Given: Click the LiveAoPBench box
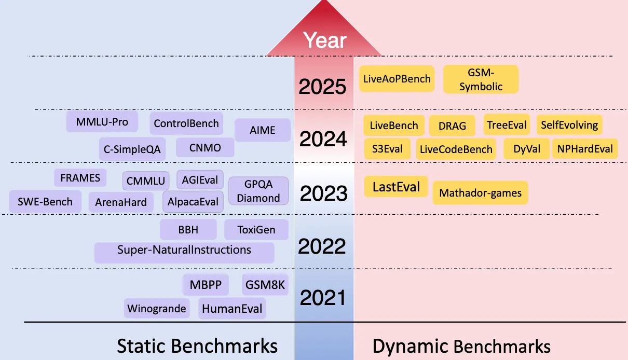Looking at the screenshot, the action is click(x=397, y=79).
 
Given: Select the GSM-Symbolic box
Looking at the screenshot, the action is click(x=481, y=79).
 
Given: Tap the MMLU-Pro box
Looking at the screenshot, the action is click(x=102, y=122).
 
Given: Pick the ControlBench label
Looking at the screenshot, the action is click(x=186, y=123).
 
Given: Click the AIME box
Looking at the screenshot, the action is click(x=263, y=130).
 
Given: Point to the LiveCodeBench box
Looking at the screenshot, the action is click(x=456, y=149).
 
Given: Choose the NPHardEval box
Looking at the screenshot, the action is click(x=585, y=149).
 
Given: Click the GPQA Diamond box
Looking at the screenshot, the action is click(x=258, y=191).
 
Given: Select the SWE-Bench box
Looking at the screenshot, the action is click(x=45, y=202).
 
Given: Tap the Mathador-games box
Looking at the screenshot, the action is click(x=480, y=193).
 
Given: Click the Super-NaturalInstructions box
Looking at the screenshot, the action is click(x=184, y=253).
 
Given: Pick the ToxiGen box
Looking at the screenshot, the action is click(x=256, y=229).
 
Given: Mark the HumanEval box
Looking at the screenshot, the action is click(x=232, y=309).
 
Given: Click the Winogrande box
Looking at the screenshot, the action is click(x=157, y=309).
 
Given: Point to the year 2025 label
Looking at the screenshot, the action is click(x=322, y=86).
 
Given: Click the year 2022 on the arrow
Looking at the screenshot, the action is click(x=322, y=246).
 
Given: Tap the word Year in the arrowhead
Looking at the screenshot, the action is click(x=325, y=40).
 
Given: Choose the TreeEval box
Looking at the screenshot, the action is click(x=507, y=124).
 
